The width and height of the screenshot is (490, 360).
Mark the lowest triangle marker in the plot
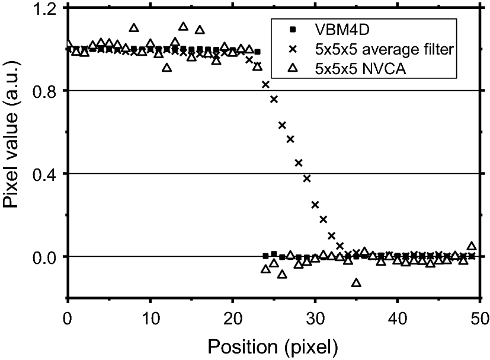(356, 283)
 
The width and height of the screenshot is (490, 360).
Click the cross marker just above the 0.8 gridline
(265, 85)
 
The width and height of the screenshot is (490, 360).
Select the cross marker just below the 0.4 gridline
(307, 179)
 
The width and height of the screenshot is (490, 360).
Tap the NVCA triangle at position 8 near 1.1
(134, 28)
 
